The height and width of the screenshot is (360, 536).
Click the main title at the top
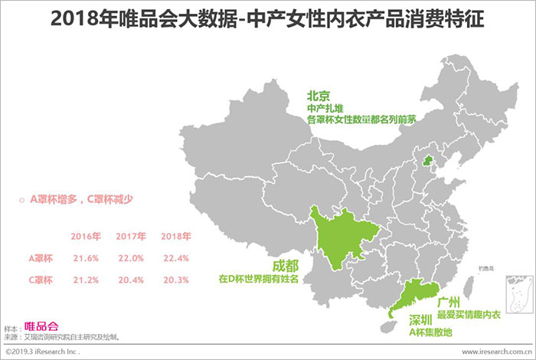[x=267, y=19]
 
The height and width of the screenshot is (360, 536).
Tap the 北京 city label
[x=319, y=96]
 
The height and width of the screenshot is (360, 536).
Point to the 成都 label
[x=288, y=266]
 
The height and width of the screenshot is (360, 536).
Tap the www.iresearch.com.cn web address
[x=494, y=353]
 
